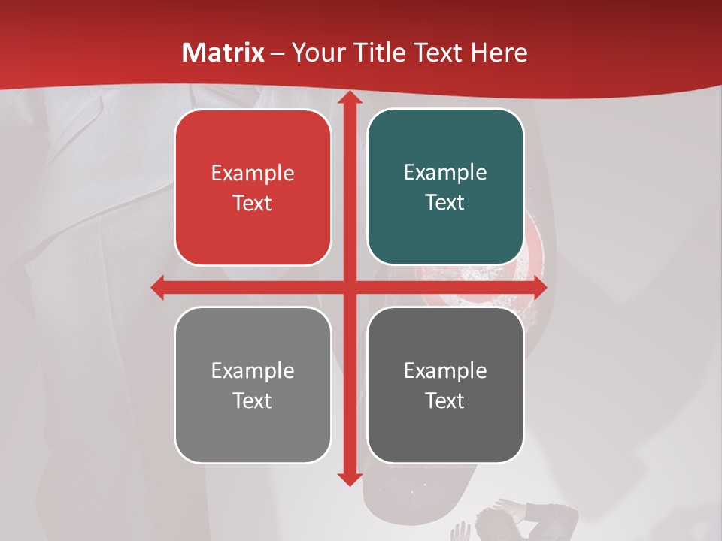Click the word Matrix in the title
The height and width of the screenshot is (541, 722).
pos(223,53)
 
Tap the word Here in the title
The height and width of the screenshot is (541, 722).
pos(499,53)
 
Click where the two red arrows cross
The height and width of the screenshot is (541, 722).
pos(349,287)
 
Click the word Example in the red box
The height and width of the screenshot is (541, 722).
pos(253,173)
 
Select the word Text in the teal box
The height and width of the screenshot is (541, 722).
pos(445,203)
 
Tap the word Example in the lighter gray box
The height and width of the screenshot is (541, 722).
pos(253,370)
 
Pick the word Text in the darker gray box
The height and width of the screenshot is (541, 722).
pos(445,400)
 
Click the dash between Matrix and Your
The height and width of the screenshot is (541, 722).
pos(278,53)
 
